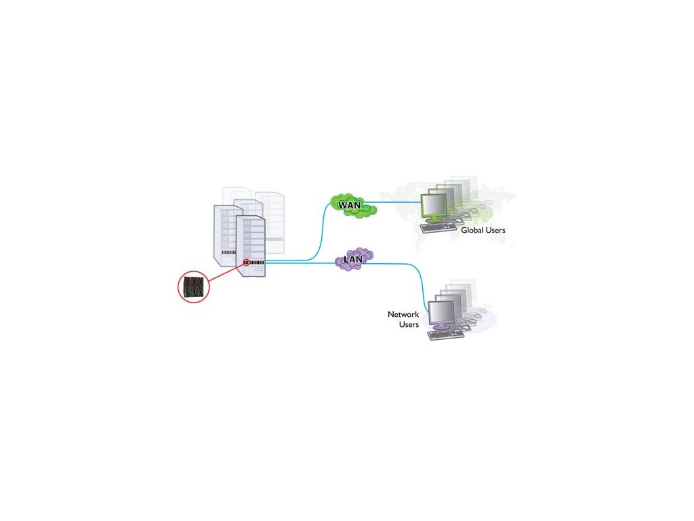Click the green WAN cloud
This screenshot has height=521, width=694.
pyautogui.click(x=352, y=204)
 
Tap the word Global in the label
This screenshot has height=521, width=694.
pyautogui.click(x=472, y=231)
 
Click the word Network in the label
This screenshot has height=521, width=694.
pyautogui.click(x=403, y=315)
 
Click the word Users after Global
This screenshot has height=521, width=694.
pyautogui.click(x=495, y=231)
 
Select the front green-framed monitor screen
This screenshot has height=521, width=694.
pyautogui.click(x=433, y=206)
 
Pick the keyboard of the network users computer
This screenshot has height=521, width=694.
pyautogui.click(x=447, y=334)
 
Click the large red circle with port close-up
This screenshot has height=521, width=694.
pyautogui.click(x=194, y=287)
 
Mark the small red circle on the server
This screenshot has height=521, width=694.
pyautogui.click(x=247, y=263)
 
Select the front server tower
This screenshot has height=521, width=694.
pyautogui.click(x=250, y=244)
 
